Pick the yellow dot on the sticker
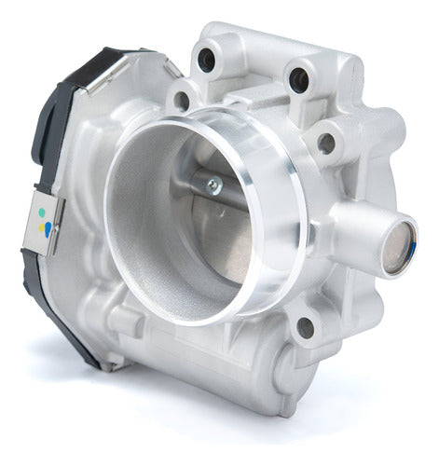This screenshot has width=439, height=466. tap(42, 227)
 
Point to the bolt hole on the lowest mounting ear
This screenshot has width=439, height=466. tap(304, 327)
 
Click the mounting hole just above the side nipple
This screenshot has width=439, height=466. tap(326, 144)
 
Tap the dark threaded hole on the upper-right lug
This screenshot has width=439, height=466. tap(297, 81)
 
